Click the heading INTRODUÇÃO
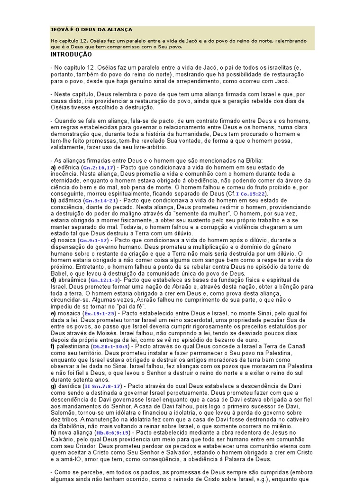click(71, 55)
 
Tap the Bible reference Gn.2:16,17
click(98, 168)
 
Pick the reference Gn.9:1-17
click(94, 241)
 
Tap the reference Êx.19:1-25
click(100, 314)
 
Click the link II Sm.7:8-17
click(102, 387)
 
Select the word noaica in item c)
click(67, 241)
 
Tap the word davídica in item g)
click(70, 387)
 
